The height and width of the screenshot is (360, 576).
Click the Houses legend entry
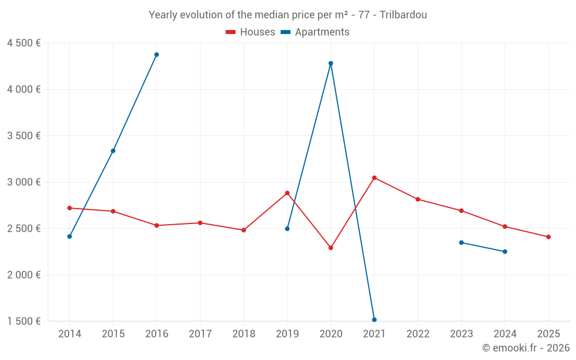[251, 32]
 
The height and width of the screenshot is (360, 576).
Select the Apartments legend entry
[315, 32]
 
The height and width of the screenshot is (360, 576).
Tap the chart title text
[287, 15]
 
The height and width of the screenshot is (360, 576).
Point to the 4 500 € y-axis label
[24, 43]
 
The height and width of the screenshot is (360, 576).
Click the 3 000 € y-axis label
[24, 182]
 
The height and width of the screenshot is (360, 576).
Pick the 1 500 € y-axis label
[24, 321]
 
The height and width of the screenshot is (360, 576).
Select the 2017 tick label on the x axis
[200, 334]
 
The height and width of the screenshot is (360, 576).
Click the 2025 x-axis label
[548, 334]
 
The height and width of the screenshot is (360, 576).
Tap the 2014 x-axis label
[70, 334]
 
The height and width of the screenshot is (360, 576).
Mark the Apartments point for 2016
[157, 55]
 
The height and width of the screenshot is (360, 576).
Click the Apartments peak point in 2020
[331, 63]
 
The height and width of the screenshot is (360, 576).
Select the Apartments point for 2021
[374, 320]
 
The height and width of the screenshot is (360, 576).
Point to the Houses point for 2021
[374, 177]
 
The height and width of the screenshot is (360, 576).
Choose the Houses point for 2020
[331, 248]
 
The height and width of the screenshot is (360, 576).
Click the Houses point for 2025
[548, 237]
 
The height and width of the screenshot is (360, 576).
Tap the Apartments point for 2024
[505, 252]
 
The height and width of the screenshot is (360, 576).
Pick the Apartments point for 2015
[113, 151]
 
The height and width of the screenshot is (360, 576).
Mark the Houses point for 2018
[244, 230]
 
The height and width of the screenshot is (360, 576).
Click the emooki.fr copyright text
[525, 348]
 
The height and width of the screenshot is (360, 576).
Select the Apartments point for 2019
[287, 229]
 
